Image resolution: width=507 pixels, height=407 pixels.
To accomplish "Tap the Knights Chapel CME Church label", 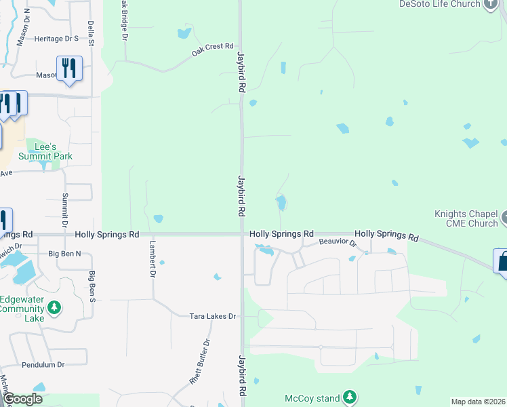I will click(466, 218).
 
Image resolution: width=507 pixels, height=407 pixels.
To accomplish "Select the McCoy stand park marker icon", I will click(349, 396).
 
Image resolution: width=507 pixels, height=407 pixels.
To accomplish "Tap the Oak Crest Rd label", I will click(212, 47).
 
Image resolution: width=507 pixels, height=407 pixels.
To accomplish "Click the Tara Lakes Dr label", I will click(212, 316).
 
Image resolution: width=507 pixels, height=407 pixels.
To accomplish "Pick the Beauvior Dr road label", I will click(337, 241).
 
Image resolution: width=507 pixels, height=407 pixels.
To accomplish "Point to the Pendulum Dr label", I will click(43, 364).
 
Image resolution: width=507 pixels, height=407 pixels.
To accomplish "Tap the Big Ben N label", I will click(64, 254).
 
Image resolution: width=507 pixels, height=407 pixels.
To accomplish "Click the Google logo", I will click(22, 399).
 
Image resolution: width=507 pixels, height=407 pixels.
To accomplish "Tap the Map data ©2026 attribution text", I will click(479, 402).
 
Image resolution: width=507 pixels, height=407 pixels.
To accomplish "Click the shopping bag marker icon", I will click(502, 261).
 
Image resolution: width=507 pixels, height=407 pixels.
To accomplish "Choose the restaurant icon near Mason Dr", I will click(69, 69).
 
